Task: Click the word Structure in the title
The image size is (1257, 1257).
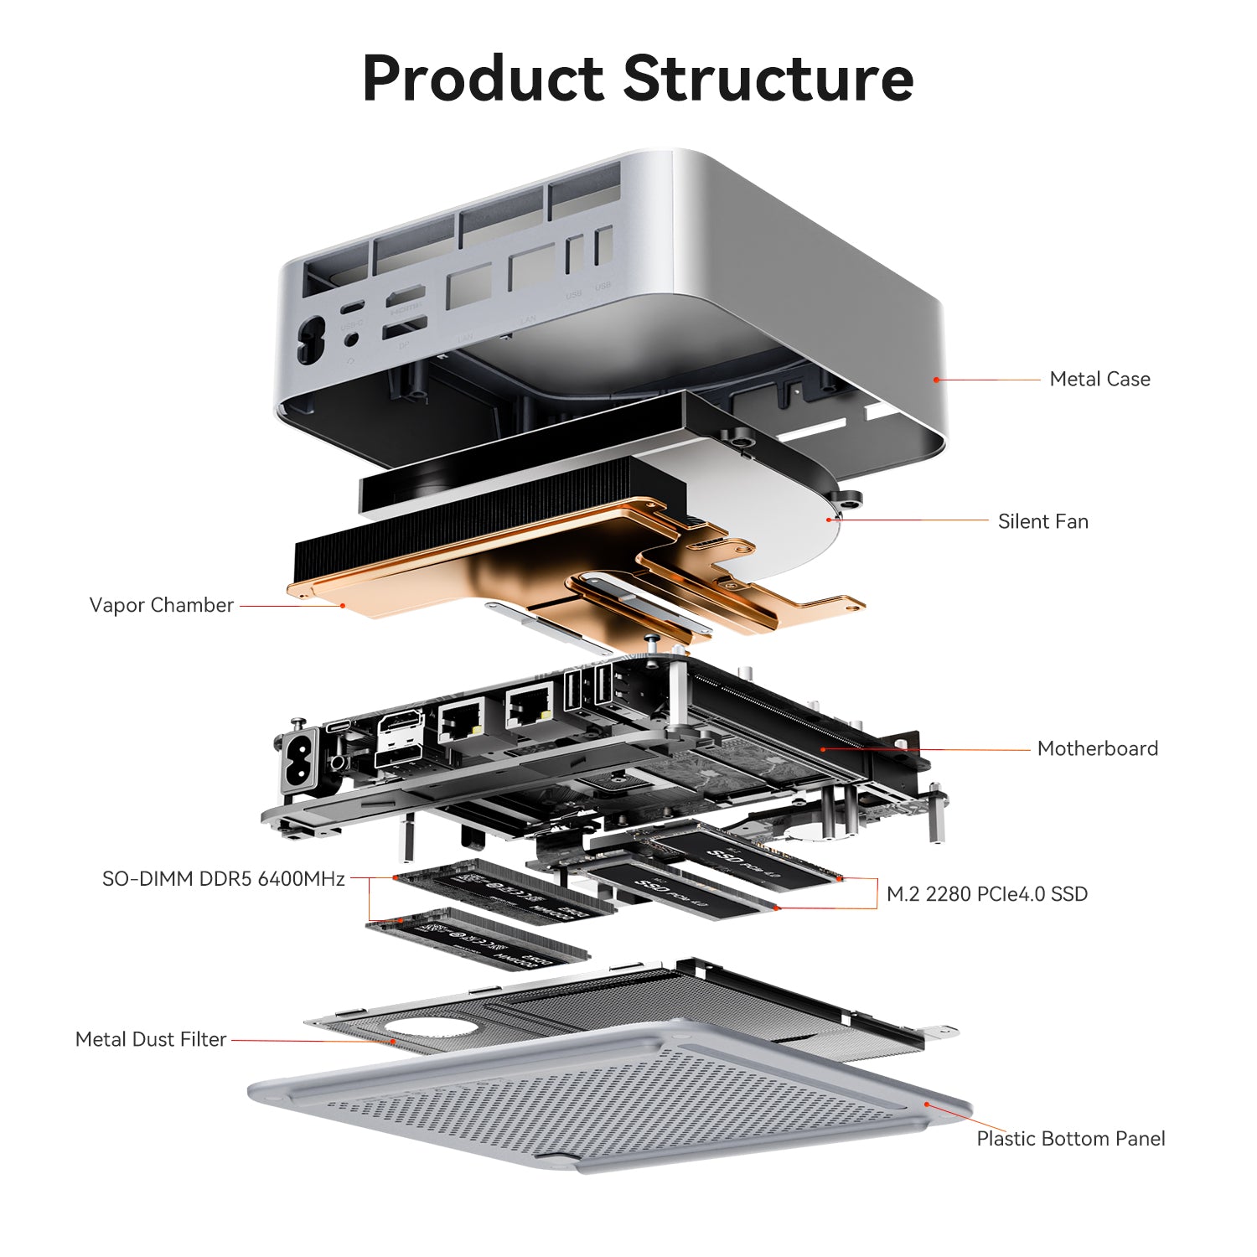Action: tap(768, 79)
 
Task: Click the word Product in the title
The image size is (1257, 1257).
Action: tap(483, 79)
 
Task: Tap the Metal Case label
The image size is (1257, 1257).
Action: tap(1099, 379)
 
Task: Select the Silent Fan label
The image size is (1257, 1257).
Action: tap(1042, 521)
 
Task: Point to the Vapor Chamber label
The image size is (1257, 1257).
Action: tap(161, 605)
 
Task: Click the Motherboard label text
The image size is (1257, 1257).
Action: tap(1097, 748)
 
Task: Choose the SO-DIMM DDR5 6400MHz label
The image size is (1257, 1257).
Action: tap(223, 879)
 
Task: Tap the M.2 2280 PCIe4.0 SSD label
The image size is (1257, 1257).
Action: tap(986, 894)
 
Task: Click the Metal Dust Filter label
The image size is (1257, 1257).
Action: tap(151, 1039)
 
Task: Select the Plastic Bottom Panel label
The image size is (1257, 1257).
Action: tap(1070, 1138)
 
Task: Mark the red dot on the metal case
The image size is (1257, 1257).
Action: tap(936, 380)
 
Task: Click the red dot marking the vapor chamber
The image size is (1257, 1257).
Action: tap(342, 605)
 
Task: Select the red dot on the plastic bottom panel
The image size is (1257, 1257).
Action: tap(927, 1104)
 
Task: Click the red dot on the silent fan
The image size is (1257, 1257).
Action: tap(830, 520)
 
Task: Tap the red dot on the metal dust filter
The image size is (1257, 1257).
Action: tap(393, 1042)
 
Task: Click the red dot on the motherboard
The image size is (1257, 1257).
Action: tap(823, 748)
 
